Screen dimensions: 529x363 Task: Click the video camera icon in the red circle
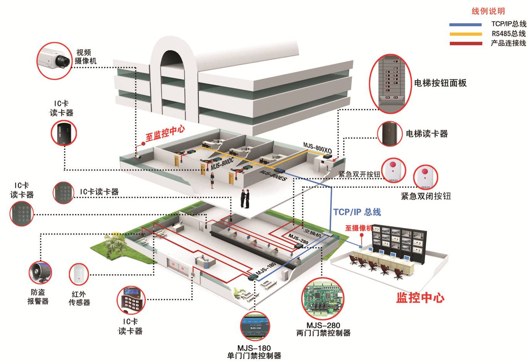54,61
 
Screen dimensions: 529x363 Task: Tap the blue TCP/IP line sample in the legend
465,25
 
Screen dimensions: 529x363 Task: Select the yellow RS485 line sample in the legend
466,34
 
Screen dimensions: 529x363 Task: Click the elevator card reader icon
389,134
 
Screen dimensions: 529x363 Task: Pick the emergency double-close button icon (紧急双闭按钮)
426,177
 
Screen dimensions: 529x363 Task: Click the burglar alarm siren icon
40,272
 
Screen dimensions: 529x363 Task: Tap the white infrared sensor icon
79,274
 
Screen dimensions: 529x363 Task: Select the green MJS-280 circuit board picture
323,299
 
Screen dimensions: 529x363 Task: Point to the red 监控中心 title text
420,298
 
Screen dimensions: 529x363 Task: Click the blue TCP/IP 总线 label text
357,212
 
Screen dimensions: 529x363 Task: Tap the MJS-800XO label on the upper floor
318,148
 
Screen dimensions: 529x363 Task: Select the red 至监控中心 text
165,134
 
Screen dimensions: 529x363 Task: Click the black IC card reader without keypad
64,133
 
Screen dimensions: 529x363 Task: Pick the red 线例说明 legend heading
488,11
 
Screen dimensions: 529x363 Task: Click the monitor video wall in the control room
399,242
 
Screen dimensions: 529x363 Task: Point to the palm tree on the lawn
113,245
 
